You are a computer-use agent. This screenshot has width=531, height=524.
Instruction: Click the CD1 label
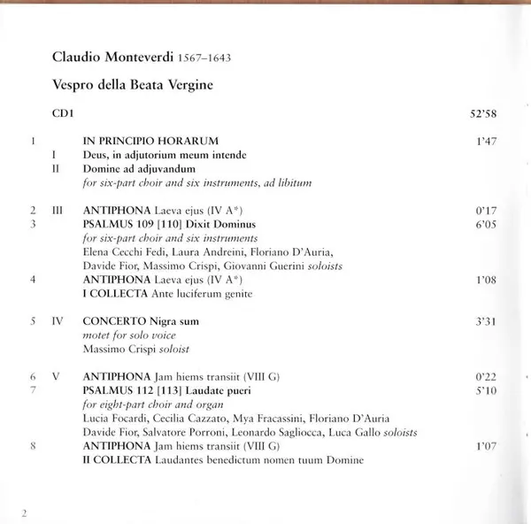click(63, 113)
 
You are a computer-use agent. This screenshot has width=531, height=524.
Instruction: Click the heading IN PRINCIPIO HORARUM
click(150, 141)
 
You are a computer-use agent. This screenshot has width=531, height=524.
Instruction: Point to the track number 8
click(32, 446)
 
